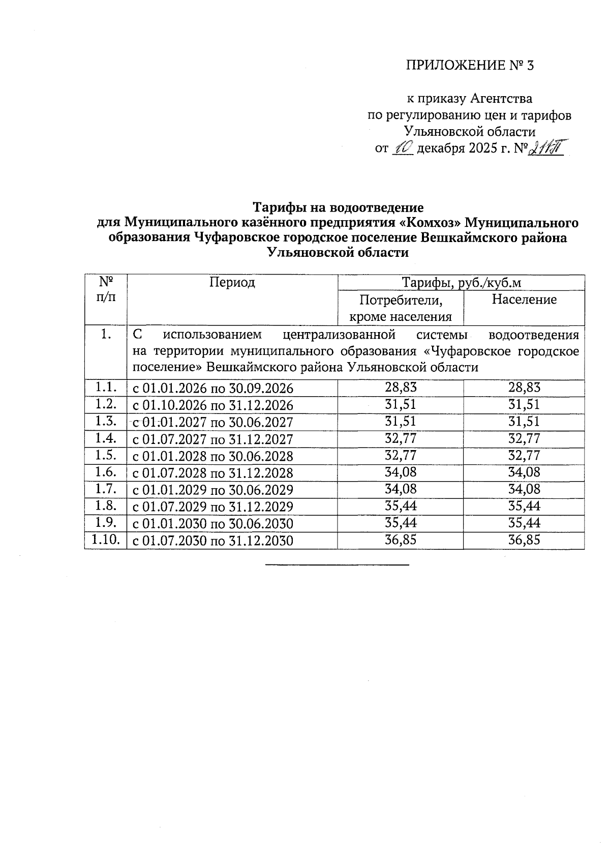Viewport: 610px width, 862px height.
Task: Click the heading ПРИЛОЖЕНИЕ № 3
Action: tap(470, 66)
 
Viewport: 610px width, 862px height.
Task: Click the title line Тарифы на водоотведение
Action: tap(338, 208)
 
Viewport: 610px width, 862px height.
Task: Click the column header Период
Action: tap(232, 282)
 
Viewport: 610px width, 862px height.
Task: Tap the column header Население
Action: tap(524, 300)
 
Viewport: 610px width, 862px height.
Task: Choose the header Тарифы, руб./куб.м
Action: tap(462, 283)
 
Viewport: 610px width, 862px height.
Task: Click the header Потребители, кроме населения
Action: tap(401, 308)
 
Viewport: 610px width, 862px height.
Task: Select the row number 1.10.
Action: tap(105, 540)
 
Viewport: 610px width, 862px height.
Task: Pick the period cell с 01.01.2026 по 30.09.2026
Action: tap(213, 389)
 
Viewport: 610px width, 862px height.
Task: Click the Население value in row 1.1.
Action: tap(524, 388)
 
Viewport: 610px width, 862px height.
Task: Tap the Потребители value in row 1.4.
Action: tap(401, 438)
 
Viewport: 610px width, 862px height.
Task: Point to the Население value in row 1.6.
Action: tap(524, 472)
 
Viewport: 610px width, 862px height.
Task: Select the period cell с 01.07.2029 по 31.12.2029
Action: tap(213, 507)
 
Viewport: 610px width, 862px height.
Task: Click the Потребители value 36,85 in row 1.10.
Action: tap(401, 540)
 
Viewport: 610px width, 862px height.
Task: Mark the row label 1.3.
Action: tap(105, 421)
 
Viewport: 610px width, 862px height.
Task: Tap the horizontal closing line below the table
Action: tap(337, 564)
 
